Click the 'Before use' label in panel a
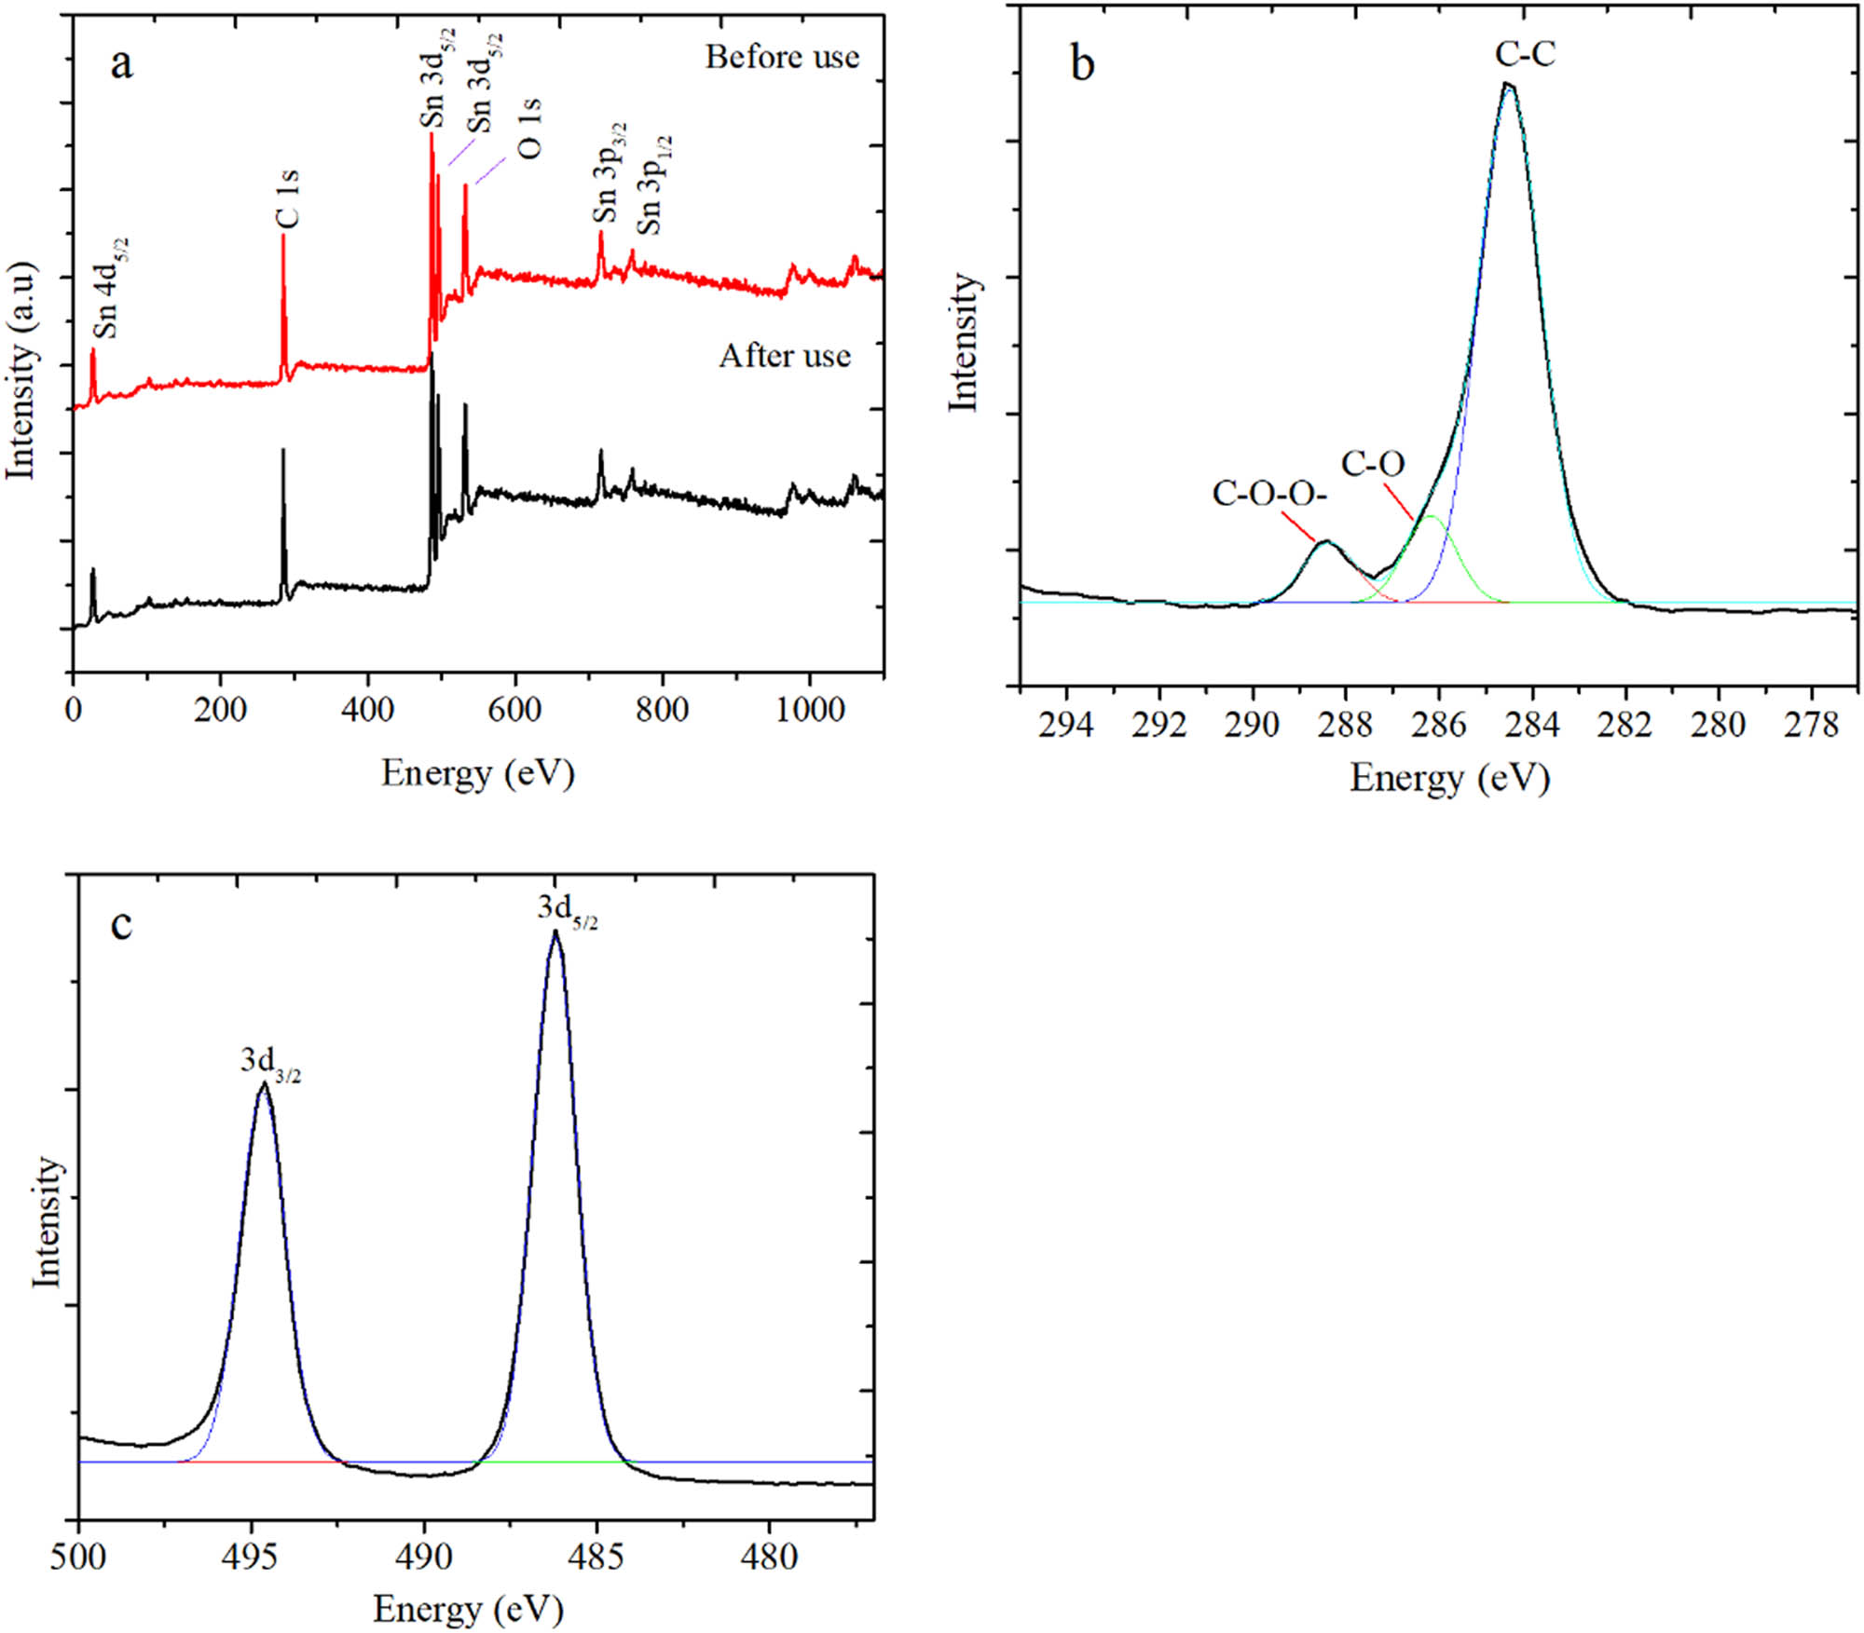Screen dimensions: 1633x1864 (x=781, y=58)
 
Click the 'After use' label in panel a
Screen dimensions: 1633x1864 (x=785, y=356)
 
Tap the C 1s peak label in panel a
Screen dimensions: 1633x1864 (x=288, y=198)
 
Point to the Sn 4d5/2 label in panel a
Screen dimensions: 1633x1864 (x=109, y=289)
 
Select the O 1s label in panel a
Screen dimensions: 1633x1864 (x=528, y=129)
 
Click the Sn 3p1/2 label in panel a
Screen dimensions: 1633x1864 (x=653, y=185)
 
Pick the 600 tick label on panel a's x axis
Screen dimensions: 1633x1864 (x=514, y=711)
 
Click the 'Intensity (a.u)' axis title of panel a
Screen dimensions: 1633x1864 (x=21, y=371)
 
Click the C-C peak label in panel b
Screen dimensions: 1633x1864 (x=1526, y=55)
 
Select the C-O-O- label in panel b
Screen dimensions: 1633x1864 (x=1269, y=494)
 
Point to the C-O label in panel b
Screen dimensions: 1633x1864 (x=1373, y=463)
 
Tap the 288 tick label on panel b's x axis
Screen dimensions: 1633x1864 (x=1345, y=724)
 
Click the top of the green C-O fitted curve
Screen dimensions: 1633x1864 (x=1432, y=516)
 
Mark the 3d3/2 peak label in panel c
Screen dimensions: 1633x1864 (x=270, y=1062)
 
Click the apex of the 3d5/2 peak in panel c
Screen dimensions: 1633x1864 (x=555, y=932)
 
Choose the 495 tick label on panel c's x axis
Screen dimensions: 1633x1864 (x=251, y=1557)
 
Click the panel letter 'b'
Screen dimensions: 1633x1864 (x=1082, y=65)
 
